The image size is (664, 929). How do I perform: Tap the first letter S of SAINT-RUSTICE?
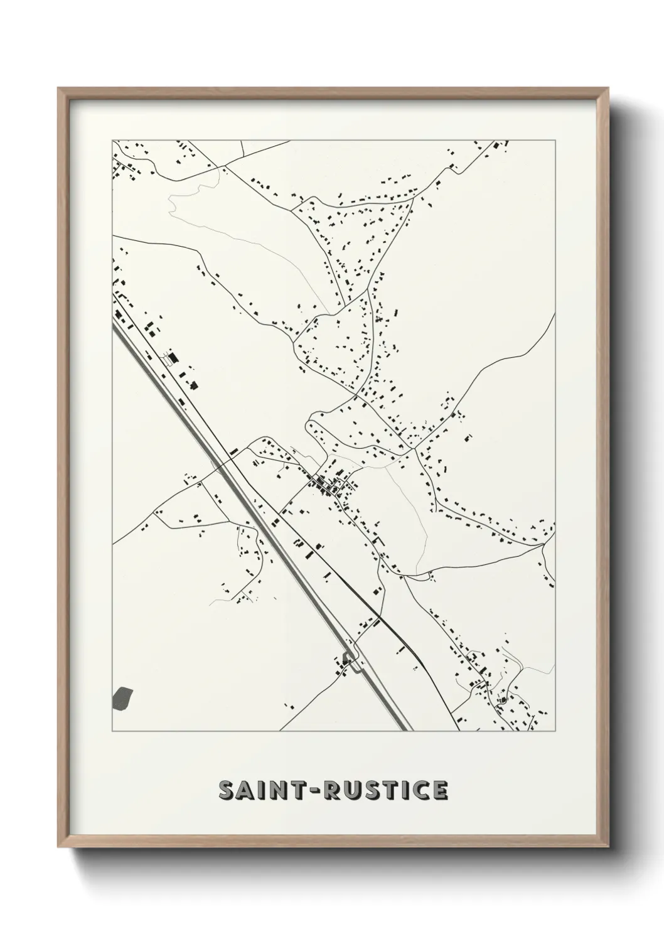pyautogui.click(x=226, y=791)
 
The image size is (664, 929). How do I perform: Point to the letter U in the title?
pyautogui.click(x=355, y=791)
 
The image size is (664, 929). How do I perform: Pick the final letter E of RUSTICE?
pyautogui.click(x=440, y=791)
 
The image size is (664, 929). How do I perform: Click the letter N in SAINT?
pyautogui.click(x=281, y=791)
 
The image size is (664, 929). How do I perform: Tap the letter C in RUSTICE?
pyautogui.click(x=420, y=791)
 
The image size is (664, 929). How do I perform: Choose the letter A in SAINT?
pyautogui.click(x=245, y=791)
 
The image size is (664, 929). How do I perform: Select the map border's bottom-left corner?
pyautogui.click(x=112, y=731)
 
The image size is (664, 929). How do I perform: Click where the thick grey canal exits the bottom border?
pyautogui.click(x=404, y=731)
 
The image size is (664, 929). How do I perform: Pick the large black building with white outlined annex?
pyautogui.click(x=171, y=358)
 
